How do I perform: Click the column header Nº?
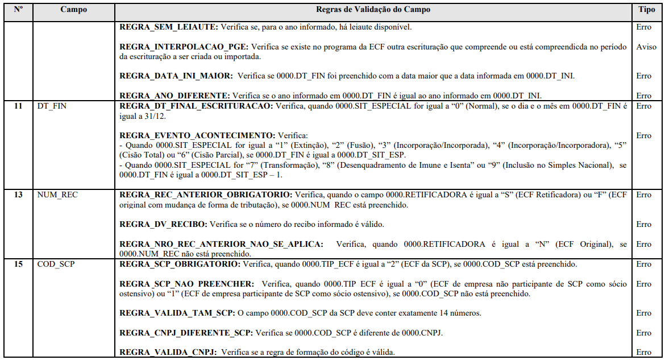(18, 10)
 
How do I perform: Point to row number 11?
(18, 106)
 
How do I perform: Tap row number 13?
(18, 195)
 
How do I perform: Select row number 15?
(18, 264)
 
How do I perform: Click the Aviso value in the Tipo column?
(646, 47)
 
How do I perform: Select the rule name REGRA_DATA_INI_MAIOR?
(176, 76)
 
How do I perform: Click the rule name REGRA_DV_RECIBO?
(161, 224)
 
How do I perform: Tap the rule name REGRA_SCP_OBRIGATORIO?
(180, 264)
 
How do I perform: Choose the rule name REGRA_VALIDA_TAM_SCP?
(176, 313)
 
